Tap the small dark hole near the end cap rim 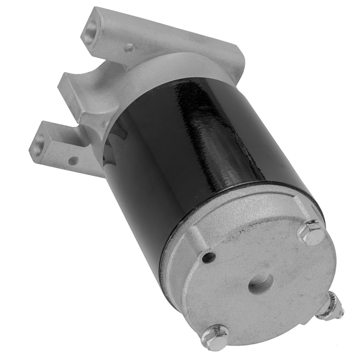click(x=209, y=257)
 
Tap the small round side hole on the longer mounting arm click(x=129, y=48)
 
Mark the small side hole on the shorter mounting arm click(x=73, y=161)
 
